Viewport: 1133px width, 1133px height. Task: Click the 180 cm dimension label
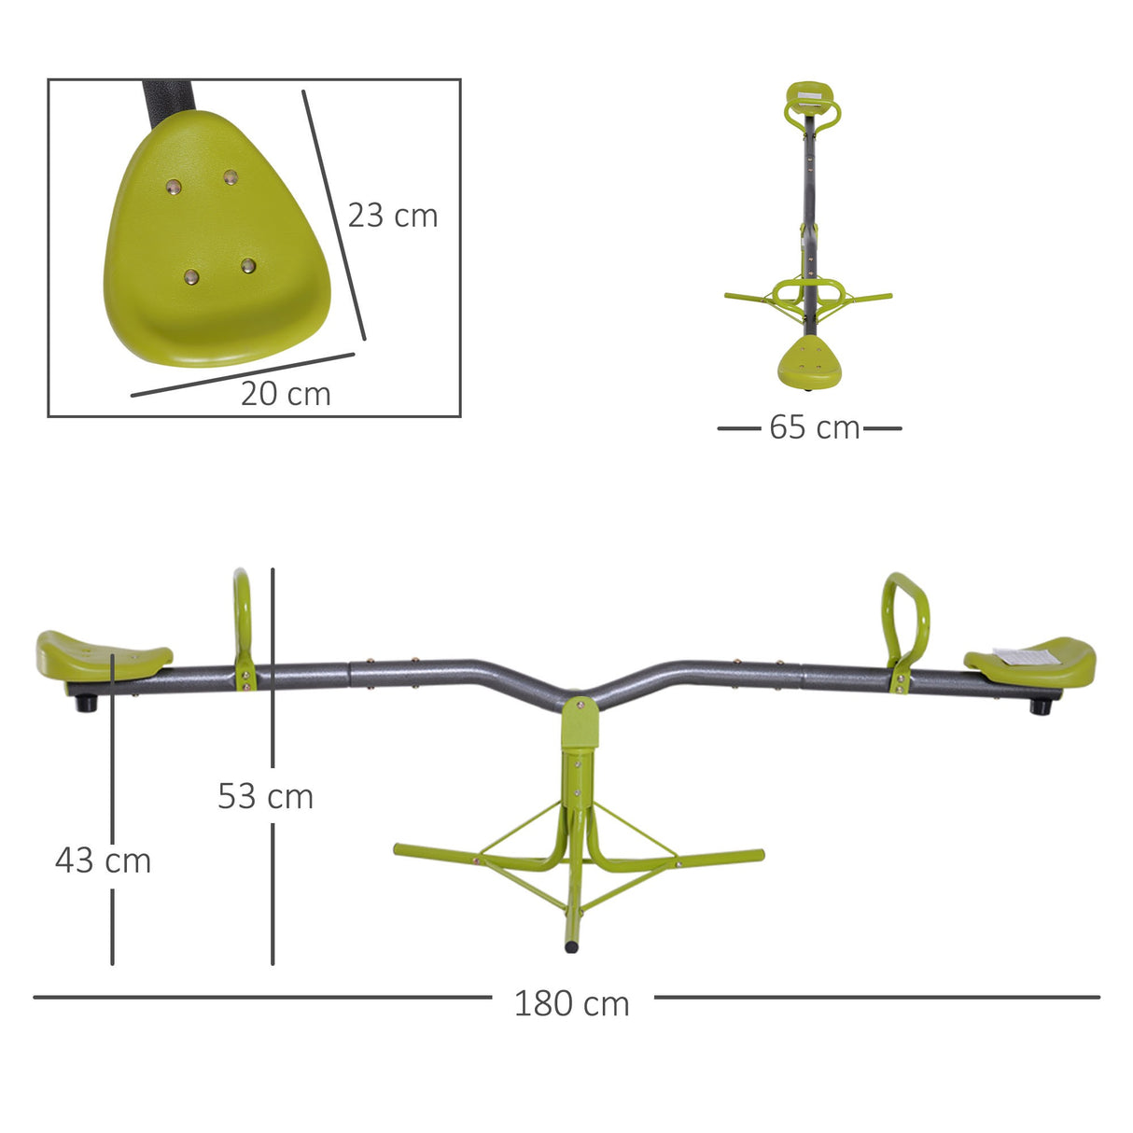pos(571,1003)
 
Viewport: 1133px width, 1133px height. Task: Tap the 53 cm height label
pos(265,796)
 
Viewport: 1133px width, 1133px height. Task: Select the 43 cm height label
pos(103,860)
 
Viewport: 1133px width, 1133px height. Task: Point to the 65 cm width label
pos(814,427)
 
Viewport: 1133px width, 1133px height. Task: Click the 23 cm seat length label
pos(392,216)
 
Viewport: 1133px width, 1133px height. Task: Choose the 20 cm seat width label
pos(286,394)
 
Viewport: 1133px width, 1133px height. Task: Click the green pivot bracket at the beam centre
pos(580,724)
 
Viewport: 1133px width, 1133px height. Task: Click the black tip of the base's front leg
pos(571,946)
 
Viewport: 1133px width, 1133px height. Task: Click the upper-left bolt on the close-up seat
pos(174,188)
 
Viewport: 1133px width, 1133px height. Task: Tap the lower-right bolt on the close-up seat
pos(248,266)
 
